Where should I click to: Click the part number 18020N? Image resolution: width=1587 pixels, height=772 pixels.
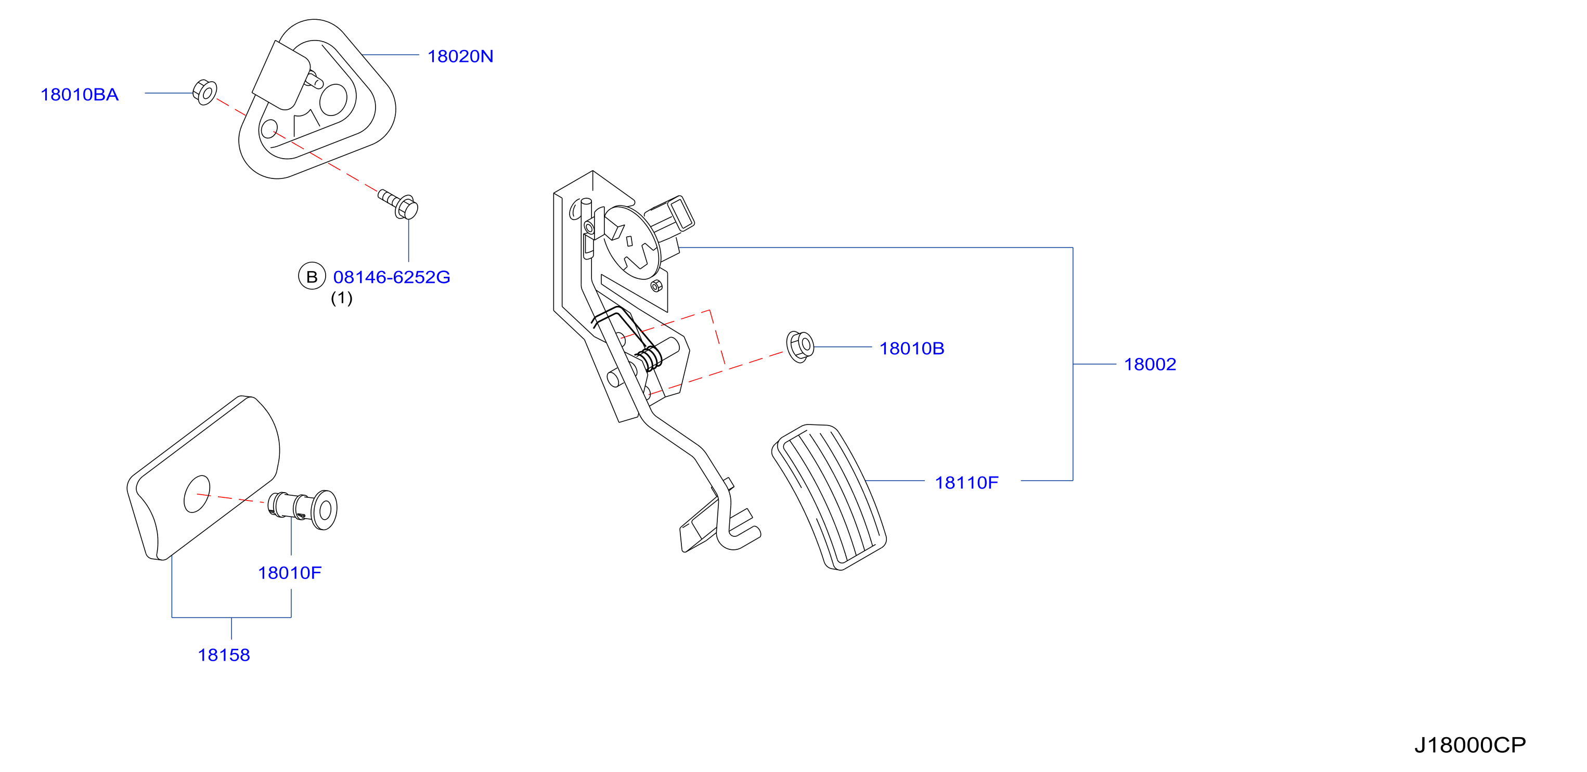[460, 57]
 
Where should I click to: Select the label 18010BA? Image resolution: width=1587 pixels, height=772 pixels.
[80, 95]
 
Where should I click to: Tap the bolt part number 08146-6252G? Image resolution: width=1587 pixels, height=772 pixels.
[392, 277]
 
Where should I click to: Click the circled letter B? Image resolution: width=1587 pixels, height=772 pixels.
[312, 277]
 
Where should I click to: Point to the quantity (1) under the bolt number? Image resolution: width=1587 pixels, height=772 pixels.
[342, 298]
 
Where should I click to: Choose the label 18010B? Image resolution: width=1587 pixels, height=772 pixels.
[912, 349]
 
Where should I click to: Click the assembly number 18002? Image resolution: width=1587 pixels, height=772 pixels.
[1150, 365]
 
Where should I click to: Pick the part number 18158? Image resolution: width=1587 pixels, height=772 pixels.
[224, 655]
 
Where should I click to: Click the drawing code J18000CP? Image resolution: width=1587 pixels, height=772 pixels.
[1470, 745]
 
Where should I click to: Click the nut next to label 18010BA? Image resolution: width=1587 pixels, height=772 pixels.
[204, 93]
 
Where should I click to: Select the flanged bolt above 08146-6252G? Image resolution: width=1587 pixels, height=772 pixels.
[398, 204]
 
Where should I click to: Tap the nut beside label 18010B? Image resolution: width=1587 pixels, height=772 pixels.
[801, 347]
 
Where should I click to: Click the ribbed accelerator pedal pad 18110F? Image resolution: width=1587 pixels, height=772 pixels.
[829, 497]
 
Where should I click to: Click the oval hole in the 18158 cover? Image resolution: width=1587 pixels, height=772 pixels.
[197, 494]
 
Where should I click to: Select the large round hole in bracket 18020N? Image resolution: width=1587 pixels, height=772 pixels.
[333, 99]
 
